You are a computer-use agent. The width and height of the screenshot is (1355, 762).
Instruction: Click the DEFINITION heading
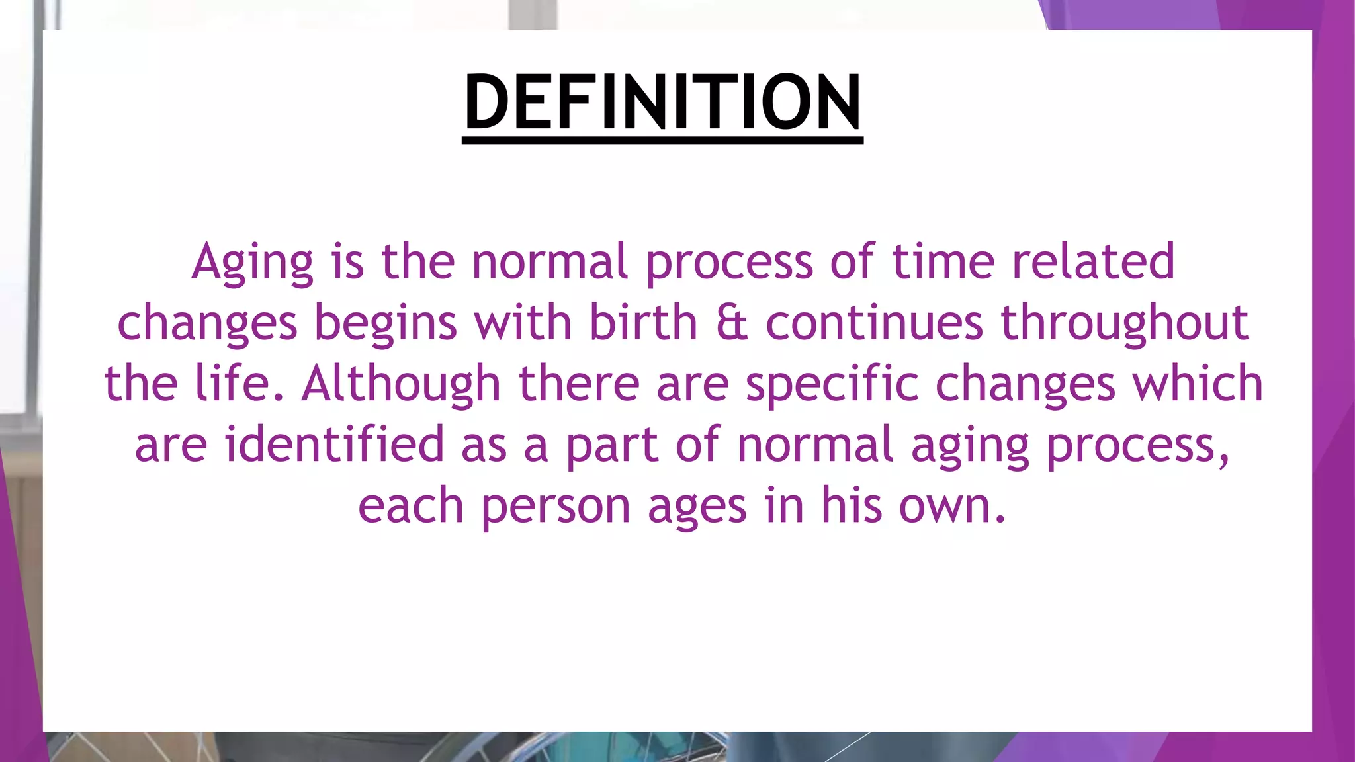662,103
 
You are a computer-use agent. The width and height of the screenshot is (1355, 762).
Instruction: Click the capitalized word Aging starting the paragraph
252,262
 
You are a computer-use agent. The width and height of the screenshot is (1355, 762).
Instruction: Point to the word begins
385,324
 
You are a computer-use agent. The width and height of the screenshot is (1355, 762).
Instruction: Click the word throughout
1125,324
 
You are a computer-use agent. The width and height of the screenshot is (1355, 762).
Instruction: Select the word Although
401,384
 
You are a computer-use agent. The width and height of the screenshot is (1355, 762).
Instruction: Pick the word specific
832,385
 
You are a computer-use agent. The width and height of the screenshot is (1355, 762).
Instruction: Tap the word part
612,446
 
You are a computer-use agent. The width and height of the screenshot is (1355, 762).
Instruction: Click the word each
411,506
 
